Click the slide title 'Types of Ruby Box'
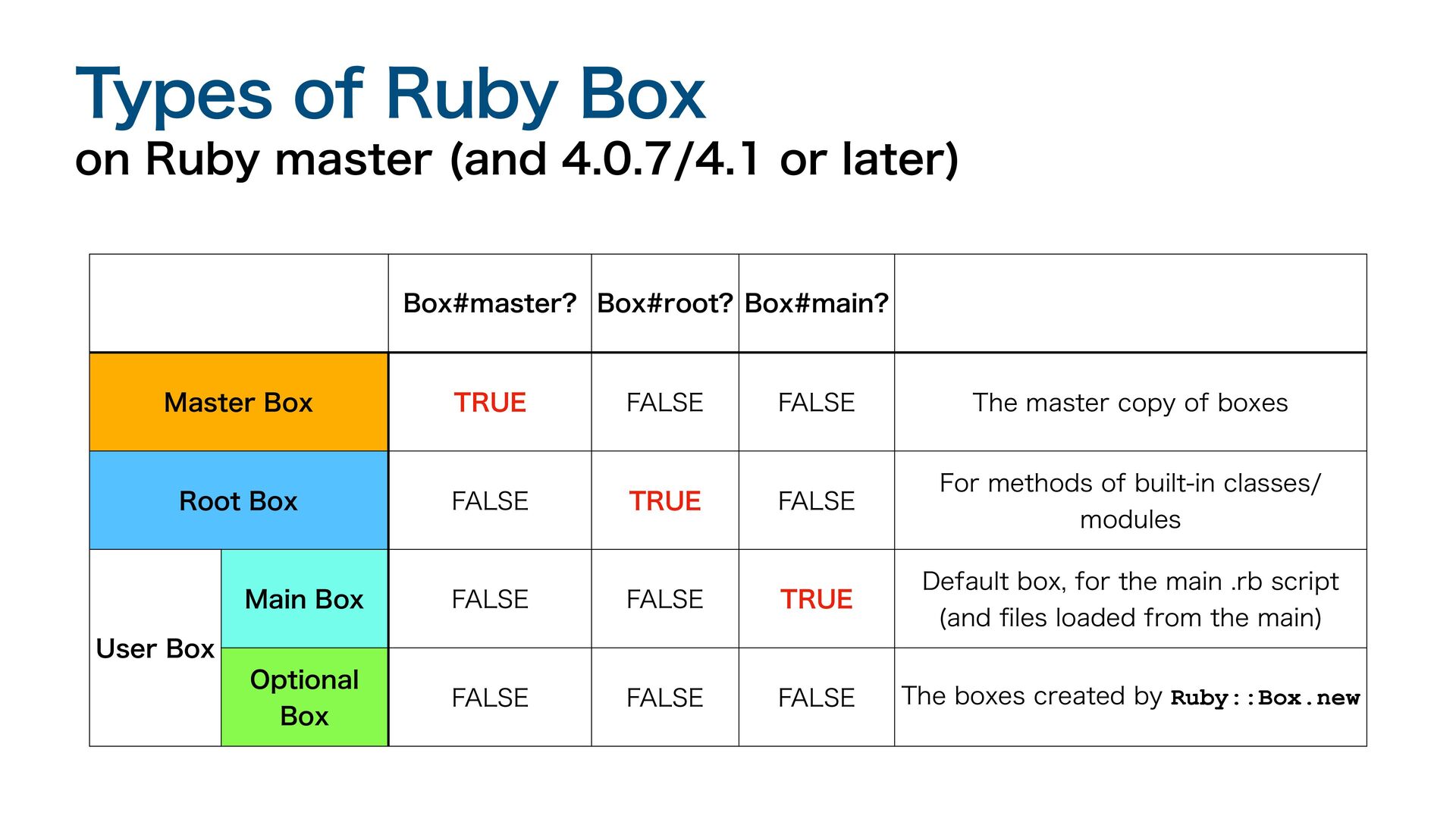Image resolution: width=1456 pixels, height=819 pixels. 391,95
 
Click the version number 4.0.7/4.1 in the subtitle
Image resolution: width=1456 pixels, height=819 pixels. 660,159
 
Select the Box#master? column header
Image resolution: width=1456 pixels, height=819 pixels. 490,303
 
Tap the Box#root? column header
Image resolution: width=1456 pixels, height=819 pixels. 665,303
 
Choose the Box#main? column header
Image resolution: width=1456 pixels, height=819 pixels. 817,303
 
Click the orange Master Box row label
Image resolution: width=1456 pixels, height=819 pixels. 239,402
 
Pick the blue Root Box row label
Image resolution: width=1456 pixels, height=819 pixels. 239,500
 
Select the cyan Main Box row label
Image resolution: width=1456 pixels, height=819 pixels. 304,599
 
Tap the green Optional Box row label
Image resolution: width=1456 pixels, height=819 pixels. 304,697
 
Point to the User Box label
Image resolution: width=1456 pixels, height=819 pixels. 155,648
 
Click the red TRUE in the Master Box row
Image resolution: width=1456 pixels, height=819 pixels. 490,402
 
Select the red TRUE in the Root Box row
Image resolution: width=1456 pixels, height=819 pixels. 665,500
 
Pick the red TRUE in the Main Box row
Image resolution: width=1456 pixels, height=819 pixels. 817,599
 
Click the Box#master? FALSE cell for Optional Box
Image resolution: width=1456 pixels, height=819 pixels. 490,698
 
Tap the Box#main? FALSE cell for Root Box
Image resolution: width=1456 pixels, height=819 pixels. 817,500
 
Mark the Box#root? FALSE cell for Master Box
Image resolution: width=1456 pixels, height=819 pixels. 665,402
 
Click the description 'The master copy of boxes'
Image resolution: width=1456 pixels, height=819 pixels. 1131,403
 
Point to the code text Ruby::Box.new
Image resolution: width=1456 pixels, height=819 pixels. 1266,698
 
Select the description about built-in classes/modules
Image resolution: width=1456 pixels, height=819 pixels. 1131,501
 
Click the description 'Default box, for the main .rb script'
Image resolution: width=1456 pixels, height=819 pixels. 1131,582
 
